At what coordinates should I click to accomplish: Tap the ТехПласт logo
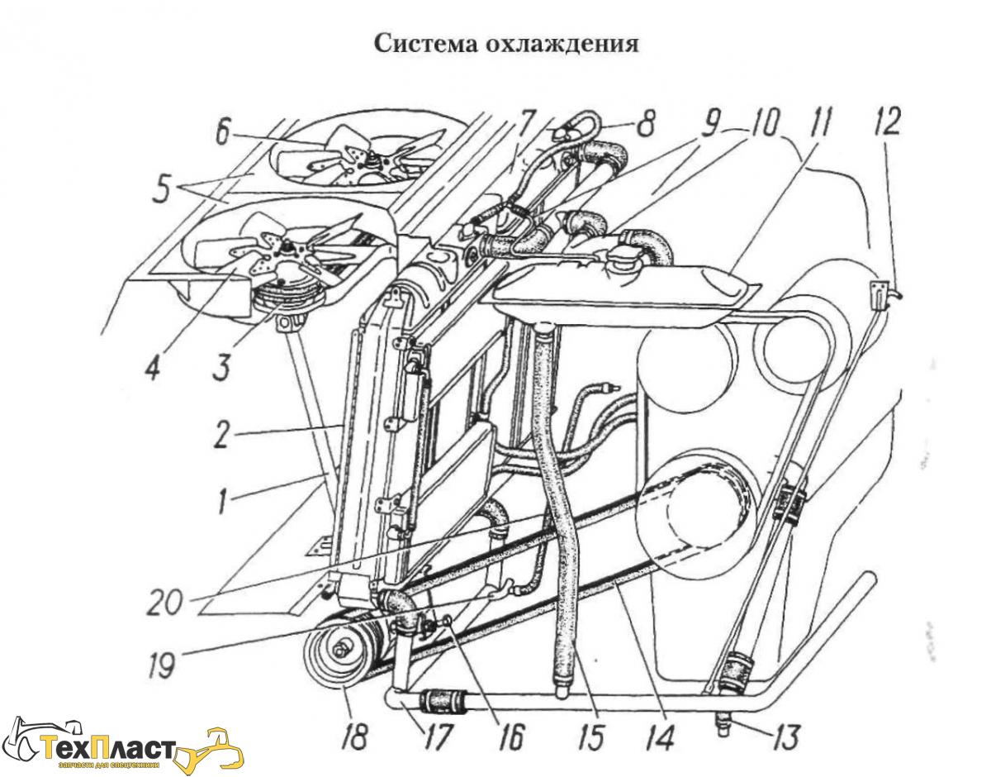coord(124,748)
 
